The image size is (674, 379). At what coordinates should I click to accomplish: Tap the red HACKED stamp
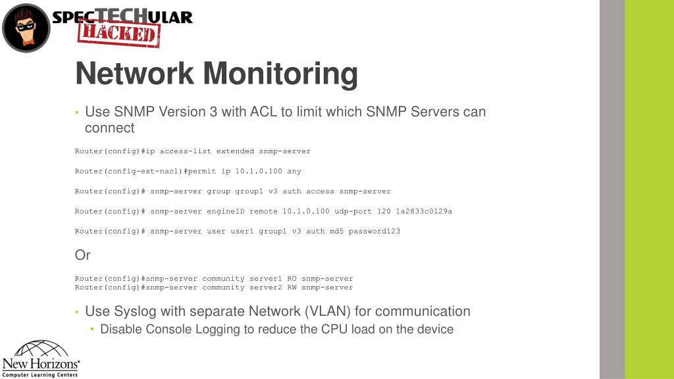click(118, 33)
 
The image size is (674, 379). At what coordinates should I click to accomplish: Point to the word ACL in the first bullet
click(263, 112)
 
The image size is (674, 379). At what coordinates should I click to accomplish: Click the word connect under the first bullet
click(109, 128)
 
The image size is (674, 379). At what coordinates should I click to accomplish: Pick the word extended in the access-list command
click(235, 151)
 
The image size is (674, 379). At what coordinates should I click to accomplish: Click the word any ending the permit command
click(294, 171)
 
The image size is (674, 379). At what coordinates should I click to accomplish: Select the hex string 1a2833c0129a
click(424, 211)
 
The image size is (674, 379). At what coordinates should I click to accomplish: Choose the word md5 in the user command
click(336, 231)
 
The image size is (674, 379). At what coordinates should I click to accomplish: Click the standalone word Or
click(82, 255)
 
